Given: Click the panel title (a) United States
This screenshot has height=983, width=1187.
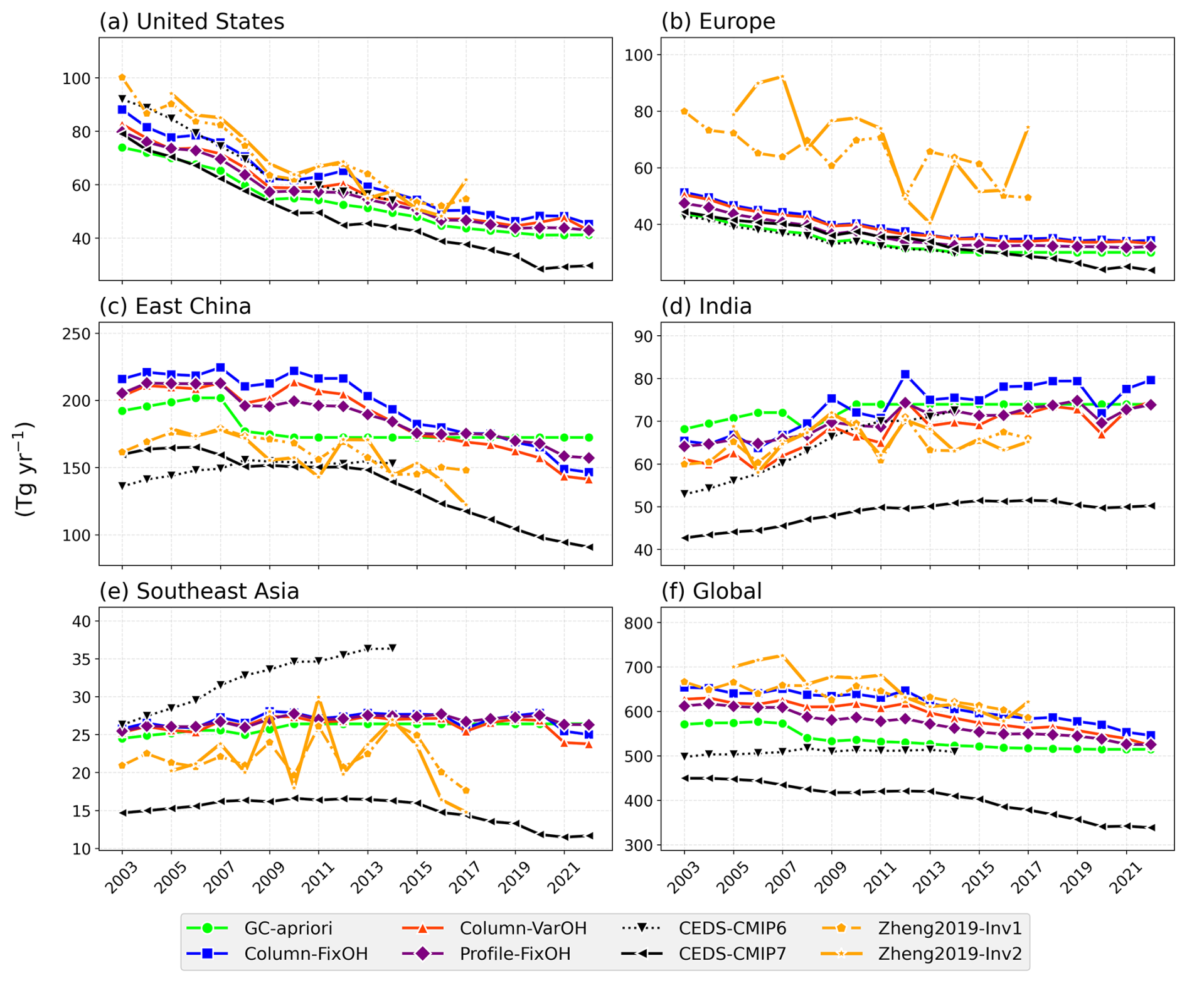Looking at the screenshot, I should click(191, 21).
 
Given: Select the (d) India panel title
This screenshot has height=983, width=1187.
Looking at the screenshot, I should click(706, 306).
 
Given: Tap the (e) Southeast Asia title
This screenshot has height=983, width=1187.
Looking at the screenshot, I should click(199, 591).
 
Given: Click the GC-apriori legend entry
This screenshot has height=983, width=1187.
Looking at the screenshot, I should click(288, 928).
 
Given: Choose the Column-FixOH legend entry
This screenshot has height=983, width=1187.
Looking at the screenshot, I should click(306, 953).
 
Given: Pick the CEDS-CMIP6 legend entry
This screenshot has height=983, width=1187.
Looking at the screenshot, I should click(732, 928).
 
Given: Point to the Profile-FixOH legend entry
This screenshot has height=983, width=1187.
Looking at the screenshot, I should click(515, 953).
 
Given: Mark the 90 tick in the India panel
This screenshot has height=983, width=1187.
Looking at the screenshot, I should click(645, 336).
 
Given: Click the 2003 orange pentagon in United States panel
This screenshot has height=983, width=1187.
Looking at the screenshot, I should click(122, 77).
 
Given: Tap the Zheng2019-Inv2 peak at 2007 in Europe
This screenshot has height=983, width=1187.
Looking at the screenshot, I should click(782, 77).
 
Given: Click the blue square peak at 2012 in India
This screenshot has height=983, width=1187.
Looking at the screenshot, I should click(905, 375).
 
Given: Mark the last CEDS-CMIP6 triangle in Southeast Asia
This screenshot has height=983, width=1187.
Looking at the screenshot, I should click(393, 648).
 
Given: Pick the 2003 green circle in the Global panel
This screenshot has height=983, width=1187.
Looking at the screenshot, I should click(684, 724).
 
